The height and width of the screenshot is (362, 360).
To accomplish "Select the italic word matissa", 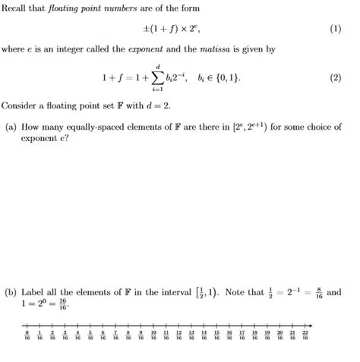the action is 229,49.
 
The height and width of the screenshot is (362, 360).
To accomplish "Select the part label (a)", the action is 11,127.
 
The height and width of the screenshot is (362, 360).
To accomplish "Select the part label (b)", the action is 11,291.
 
